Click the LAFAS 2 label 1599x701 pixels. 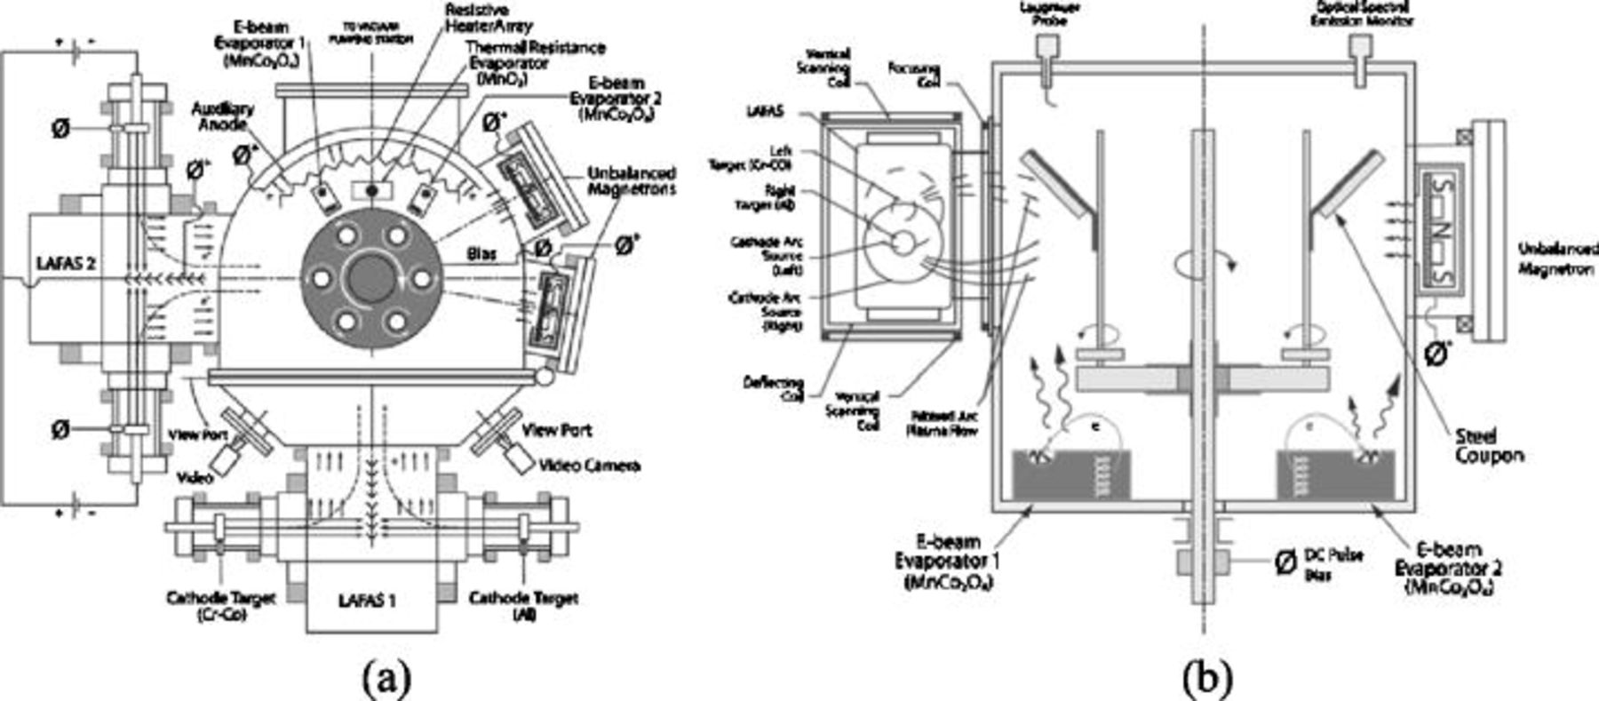[x=66, y=264]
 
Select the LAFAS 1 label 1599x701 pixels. [x=367, y=601]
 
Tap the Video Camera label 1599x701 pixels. [x=589, y=466]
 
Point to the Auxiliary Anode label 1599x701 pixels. [x=223, y=116]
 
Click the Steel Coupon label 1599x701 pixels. [x=1489, y=446]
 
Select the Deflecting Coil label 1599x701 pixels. [x=774, y=388]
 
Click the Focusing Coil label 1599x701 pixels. [x=915, y=75]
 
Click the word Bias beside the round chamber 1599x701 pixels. [x=482, y=254]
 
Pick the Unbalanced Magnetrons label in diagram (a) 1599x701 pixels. [x=631, y=180]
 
